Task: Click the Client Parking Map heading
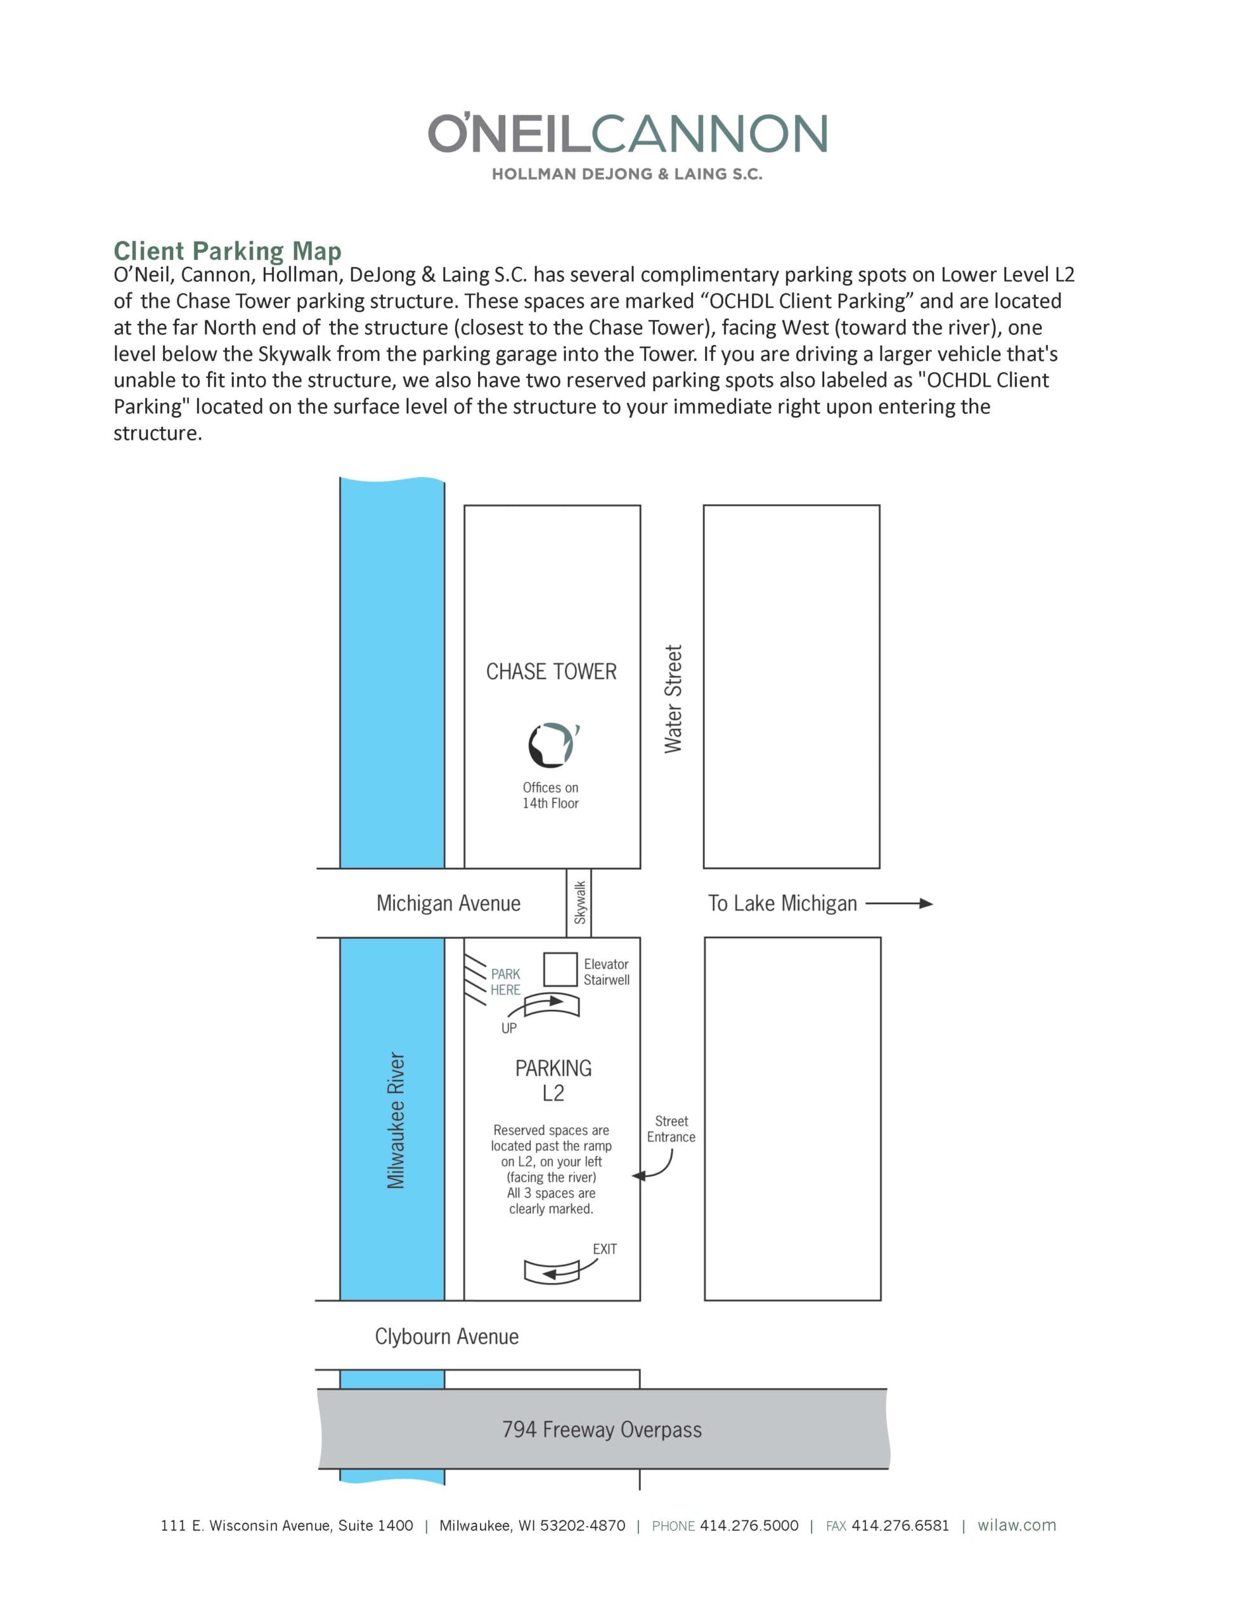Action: [228, 250]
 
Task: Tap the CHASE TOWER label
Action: [551, 672]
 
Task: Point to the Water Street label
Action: [673, 699]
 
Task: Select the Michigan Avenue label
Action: [448, 903]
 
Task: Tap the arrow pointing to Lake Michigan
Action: [899, 903]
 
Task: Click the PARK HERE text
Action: [505, 981]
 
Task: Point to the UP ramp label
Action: [509, 1028]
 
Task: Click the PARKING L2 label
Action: [553, 1080]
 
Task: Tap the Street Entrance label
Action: [671, 1129]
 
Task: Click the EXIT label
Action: [604, 1249]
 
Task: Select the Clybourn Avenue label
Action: [447, 1337]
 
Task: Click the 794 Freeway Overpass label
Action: [602, 1430]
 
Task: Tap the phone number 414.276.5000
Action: [749, 1525]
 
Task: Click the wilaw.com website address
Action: [1016, 1525]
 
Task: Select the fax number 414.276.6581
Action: [900, 1525]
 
